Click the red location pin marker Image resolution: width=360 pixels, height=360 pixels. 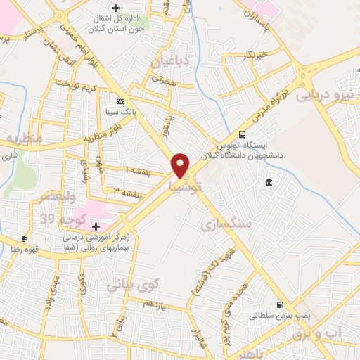pos(181,165)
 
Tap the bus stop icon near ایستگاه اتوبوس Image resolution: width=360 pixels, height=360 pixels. pos(243,134)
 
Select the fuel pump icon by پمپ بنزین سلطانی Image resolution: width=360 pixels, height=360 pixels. pos(281,305)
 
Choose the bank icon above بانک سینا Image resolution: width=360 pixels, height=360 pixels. pos(120,101)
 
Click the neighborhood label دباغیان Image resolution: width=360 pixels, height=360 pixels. pos(169,62)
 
